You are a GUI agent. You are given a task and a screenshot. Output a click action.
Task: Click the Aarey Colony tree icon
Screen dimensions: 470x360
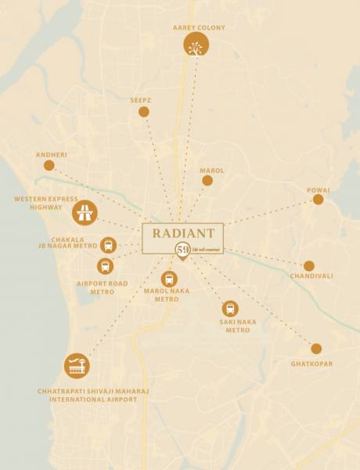tap(196, 45)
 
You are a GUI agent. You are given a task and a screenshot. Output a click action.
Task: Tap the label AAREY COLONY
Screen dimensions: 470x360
tap(199, 27)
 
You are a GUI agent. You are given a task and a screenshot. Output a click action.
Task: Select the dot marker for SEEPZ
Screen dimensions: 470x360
tap(144, 112)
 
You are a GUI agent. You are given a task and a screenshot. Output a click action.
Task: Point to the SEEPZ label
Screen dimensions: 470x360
tap(142, 100)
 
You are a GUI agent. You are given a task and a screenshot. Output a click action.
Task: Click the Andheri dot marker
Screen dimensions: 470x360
tap(49, 165)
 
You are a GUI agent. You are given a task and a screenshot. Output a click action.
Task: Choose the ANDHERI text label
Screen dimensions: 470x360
tap(52, 154)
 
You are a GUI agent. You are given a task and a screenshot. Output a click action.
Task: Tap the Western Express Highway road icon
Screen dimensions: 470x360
tap(85, 212)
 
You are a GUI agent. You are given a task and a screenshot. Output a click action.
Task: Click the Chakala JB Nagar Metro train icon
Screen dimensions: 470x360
tap(108, 244)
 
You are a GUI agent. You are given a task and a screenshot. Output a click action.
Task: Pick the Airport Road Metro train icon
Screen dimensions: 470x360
tap(105, 266)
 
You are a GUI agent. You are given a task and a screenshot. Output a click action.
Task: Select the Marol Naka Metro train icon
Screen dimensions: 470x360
tap(169, 279)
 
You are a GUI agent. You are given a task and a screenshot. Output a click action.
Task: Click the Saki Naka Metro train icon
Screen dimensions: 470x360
tap(229, 309)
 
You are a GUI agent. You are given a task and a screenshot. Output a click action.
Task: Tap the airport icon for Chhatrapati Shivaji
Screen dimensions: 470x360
tap(77, 366)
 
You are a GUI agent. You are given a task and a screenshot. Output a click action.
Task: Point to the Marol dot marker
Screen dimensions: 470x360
tap(207, 180)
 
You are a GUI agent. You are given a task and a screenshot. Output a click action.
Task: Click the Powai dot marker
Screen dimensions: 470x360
tap(318, 200)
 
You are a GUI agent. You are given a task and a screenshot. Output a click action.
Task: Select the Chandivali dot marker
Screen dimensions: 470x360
tap(309, 266)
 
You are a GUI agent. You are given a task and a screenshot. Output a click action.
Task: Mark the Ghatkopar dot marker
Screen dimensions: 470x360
tap(316, 349)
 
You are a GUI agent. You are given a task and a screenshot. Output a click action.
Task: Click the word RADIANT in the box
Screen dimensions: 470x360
tap(183, 233)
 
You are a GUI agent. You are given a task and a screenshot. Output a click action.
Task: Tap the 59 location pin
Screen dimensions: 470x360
tap(182, 251)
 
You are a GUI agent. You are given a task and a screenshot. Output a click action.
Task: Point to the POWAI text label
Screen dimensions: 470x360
tap(319, 190)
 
